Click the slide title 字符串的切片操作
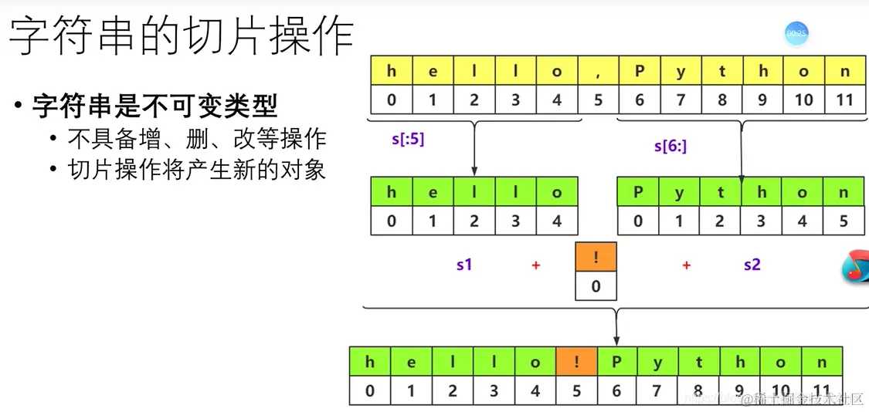181,35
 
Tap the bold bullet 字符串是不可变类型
154,106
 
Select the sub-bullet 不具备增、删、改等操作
197,139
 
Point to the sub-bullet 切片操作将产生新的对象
197,170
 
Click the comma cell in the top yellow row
598,71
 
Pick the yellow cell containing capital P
639,71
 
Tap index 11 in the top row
844,100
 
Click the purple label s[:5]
408,140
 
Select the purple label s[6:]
670,146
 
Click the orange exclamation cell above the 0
596,257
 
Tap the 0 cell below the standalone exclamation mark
596,286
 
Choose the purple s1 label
463,265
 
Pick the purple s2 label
752,265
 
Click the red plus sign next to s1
535,265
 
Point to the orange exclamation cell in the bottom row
575,362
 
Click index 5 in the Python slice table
844,221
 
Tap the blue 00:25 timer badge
796,33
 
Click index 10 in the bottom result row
780,391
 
